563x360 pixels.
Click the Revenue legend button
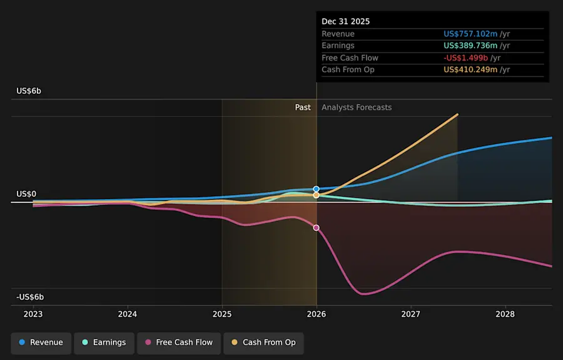pos(41,342)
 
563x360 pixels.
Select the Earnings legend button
pos(104,342)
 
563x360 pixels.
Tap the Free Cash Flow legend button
pos(179,342)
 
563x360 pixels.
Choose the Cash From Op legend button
pos(263,342)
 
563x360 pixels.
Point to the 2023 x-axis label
pos(33,314)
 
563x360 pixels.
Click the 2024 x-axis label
pos(128,314)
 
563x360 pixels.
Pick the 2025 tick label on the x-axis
pos(222,314)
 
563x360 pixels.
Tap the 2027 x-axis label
pos(411,314)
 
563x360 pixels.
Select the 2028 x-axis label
pos(505,314)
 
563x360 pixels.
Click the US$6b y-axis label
pos(29,91)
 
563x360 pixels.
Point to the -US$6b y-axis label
pos(30,297)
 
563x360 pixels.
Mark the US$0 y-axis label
pos(26,194)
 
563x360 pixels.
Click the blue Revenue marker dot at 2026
pos(317,188)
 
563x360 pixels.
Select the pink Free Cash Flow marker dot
pos(317,228)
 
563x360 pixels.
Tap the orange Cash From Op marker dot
pos(317,195)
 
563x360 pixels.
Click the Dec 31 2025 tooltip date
pos(346,21)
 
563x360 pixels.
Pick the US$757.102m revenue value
pos(470,34)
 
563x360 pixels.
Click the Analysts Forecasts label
pos(357,108)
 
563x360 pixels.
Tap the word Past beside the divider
pos(303,108)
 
